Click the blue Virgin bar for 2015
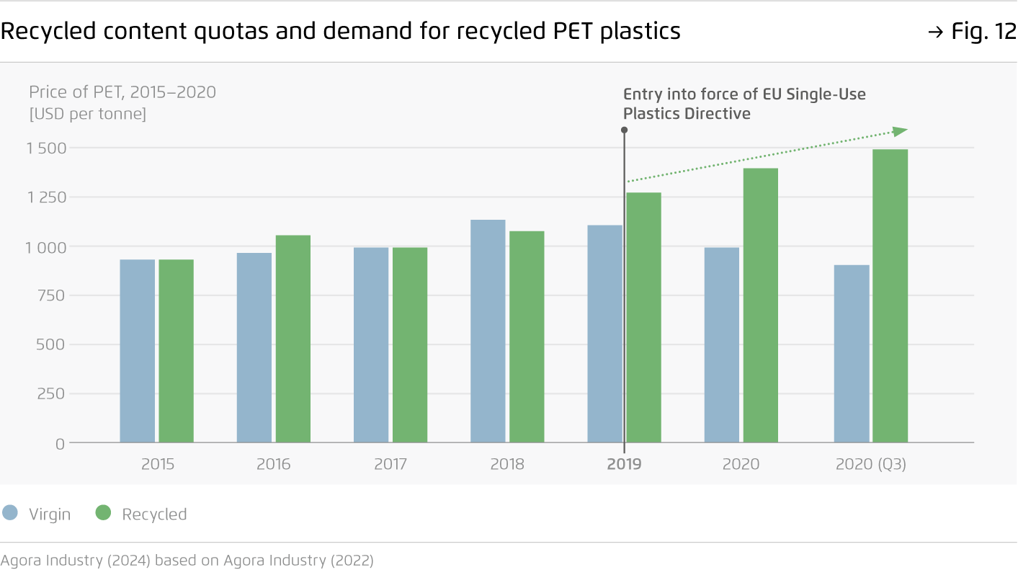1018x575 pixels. point(137,351)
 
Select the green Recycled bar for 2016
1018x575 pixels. point(293,339)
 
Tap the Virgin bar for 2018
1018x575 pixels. point(488,331)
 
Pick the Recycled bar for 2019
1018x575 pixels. point(644,317)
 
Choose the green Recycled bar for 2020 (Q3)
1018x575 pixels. point(890,295)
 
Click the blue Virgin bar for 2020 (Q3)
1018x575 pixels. point(852,354)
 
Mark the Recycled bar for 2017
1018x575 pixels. point(410,344)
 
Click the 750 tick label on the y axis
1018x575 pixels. point(50,295)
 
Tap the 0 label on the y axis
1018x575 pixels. point(60,444)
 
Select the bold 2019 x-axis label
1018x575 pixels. point(624,464)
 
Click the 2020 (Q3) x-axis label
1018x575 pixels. point(870,464)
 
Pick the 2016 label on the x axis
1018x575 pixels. point(273,464)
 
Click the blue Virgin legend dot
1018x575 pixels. point(10,513)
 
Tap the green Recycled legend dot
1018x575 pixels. point(104,513)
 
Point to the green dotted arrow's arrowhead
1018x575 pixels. point(900,131)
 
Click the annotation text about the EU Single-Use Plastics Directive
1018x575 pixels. point(744,104)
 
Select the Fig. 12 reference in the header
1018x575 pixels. point(972,32)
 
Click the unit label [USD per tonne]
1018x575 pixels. point(87,114)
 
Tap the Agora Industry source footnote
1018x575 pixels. point(187,560)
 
